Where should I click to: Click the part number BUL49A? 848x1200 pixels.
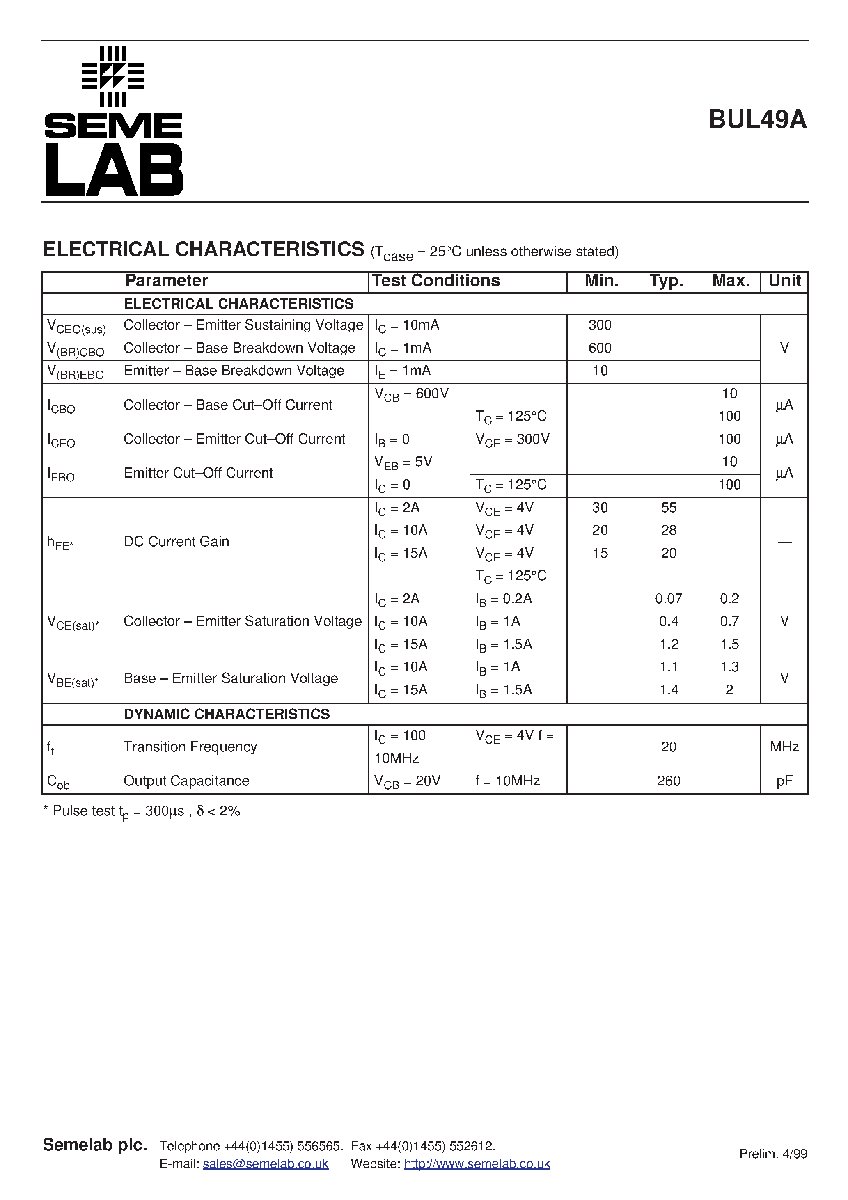click(757, 120)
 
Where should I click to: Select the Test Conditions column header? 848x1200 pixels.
click(436, 281)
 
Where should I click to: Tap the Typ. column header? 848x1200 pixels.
click(666, 281)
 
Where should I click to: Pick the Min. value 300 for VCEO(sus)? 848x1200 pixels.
click(600, 325)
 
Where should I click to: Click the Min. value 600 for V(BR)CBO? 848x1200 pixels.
click(600, 348)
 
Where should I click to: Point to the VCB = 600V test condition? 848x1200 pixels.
click(411, 394)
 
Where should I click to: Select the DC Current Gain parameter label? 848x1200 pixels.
click(176, 541)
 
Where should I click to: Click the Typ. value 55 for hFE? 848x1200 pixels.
click(669, 508)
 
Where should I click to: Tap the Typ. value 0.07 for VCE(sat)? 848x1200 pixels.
click(669, 598)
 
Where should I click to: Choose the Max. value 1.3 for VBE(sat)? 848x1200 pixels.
click(729, 667)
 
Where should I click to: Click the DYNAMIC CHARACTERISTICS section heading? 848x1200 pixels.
click(227, 714)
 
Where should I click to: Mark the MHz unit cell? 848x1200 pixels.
click(784, 747)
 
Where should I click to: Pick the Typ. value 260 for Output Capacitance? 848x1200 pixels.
click(669, 781)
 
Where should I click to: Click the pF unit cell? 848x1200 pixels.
click(784, 781)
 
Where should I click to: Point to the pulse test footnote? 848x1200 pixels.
click(141, 811)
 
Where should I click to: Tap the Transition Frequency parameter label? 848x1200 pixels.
click(190, 747)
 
